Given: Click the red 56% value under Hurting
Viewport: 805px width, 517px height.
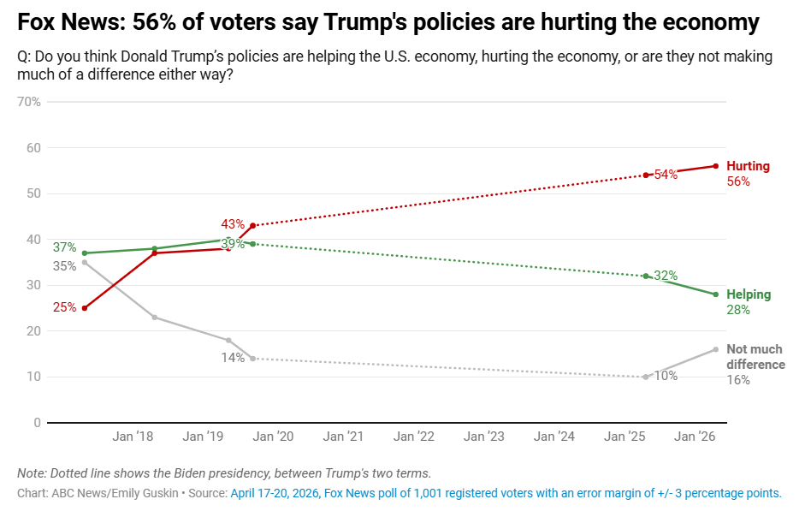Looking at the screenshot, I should tap(738, 181).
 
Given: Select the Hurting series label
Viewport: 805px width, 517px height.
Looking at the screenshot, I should tap(748, 166).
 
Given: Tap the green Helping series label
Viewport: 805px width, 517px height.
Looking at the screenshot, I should tap(749, 294).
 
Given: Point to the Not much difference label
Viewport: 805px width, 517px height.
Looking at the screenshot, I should tap(755, 357).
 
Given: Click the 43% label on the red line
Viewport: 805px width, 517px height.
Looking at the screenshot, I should tap(233, 224).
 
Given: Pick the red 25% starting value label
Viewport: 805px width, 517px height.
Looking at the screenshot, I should tap(64, 307).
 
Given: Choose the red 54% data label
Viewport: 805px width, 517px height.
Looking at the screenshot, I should tap(666, 175).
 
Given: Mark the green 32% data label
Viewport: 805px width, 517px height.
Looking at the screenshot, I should tap(666, 276).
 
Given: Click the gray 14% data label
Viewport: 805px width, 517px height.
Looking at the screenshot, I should tap(233, 358).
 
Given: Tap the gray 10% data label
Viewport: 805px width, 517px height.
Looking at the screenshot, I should tap(666, 376).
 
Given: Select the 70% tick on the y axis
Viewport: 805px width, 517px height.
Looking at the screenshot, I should tap(29, 102).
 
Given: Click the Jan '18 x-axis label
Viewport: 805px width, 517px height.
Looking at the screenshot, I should tap(133, 437).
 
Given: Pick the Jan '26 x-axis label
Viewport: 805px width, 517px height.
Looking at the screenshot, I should tap(695, 437).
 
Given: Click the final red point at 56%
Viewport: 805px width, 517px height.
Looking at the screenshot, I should tap(715, 166).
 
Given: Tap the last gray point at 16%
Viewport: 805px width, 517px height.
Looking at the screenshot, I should tap(715, 349).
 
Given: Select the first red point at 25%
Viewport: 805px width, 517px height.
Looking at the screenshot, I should tap(84, 308).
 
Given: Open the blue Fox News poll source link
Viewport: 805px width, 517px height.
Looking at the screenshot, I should tap(506, 493).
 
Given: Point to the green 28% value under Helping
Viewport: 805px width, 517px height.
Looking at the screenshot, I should tap(738, 310).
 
